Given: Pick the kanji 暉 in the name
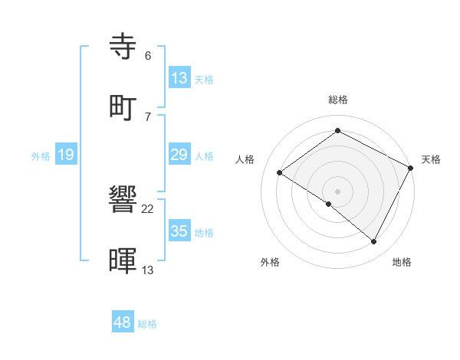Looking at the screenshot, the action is (x=125, y=260).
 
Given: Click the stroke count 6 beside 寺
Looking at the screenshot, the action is (x=148, y=56).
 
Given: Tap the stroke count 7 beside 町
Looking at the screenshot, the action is (x=148, y=116).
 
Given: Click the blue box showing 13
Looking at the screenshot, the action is (x=179, y=77).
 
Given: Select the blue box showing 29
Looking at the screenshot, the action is (x=179, y=155).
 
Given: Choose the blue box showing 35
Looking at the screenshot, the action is (x=179, y=231).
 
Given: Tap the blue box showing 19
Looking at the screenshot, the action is (x=65, y=155).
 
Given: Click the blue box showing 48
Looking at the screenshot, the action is (x=122, y=322).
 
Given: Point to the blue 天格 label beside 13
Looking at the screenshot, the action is (x=203, y=79).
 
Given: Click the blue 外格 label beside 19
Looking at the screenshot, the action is (x=41, y=155).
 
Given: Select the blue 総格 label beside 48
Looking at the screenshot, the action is (x=147, y=324).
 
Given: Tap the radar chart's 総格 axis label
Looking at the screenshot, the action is (x=338, y=100).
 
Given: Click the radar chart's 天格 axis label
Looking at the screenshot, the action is (x=431, y=159).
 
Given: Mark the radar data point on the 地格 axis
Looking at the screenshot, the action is (x=374, y=242).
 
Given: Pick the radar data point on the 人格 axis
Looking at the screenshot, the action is (x=280, y=173).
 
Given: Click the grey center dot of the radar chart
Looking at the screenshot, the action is (x=337, y=191).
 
